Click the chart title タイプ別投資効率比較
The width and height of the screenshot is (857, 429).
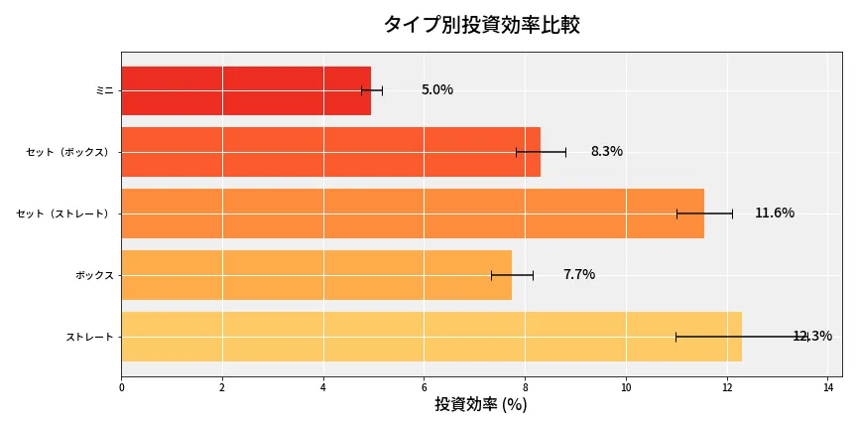[481, 25]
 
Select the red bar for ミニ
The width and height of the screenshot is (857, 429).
[246, 90]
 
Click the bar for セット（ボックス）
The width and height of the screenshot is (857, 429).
[330, 152]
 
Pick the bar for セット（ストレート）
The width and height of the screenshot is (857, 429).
[413, 214]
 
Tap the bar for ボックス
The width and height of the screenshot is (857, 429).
[316, 275]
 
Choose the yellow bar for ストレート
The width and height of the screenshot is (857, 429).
[431, 337]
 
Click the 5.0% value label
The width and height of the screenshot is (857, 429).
[436, 90]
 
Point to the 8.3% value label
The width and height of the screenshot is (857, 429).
[606, 152]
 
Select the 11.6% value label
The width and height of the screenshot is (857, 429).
[774, 214]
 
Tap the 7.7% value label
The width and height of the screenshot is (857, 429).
[578, 275]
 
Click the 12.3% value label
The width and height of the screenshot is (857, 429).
[811, 337]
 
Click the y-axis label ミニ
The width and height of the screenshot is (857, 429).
[104, 90]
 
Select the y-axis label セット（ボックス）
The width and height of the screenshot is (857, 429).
[69, 152]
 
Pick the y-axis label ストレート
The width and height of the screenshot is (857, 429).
[89, 337]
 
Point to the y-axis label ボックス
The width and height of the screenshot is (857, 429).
[94, 275]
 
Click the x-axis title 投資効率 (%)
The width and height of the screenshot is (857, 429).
[481, 405]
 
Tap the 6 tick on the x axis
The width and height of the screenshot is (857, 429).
[424, 387]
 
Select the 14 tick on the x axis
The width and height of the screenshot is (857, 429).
[827, 387]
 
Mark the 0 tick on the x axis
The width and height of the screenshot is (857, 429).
[121, 387]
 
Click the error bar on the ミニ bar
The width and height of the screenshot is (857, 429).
[372, 90]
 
